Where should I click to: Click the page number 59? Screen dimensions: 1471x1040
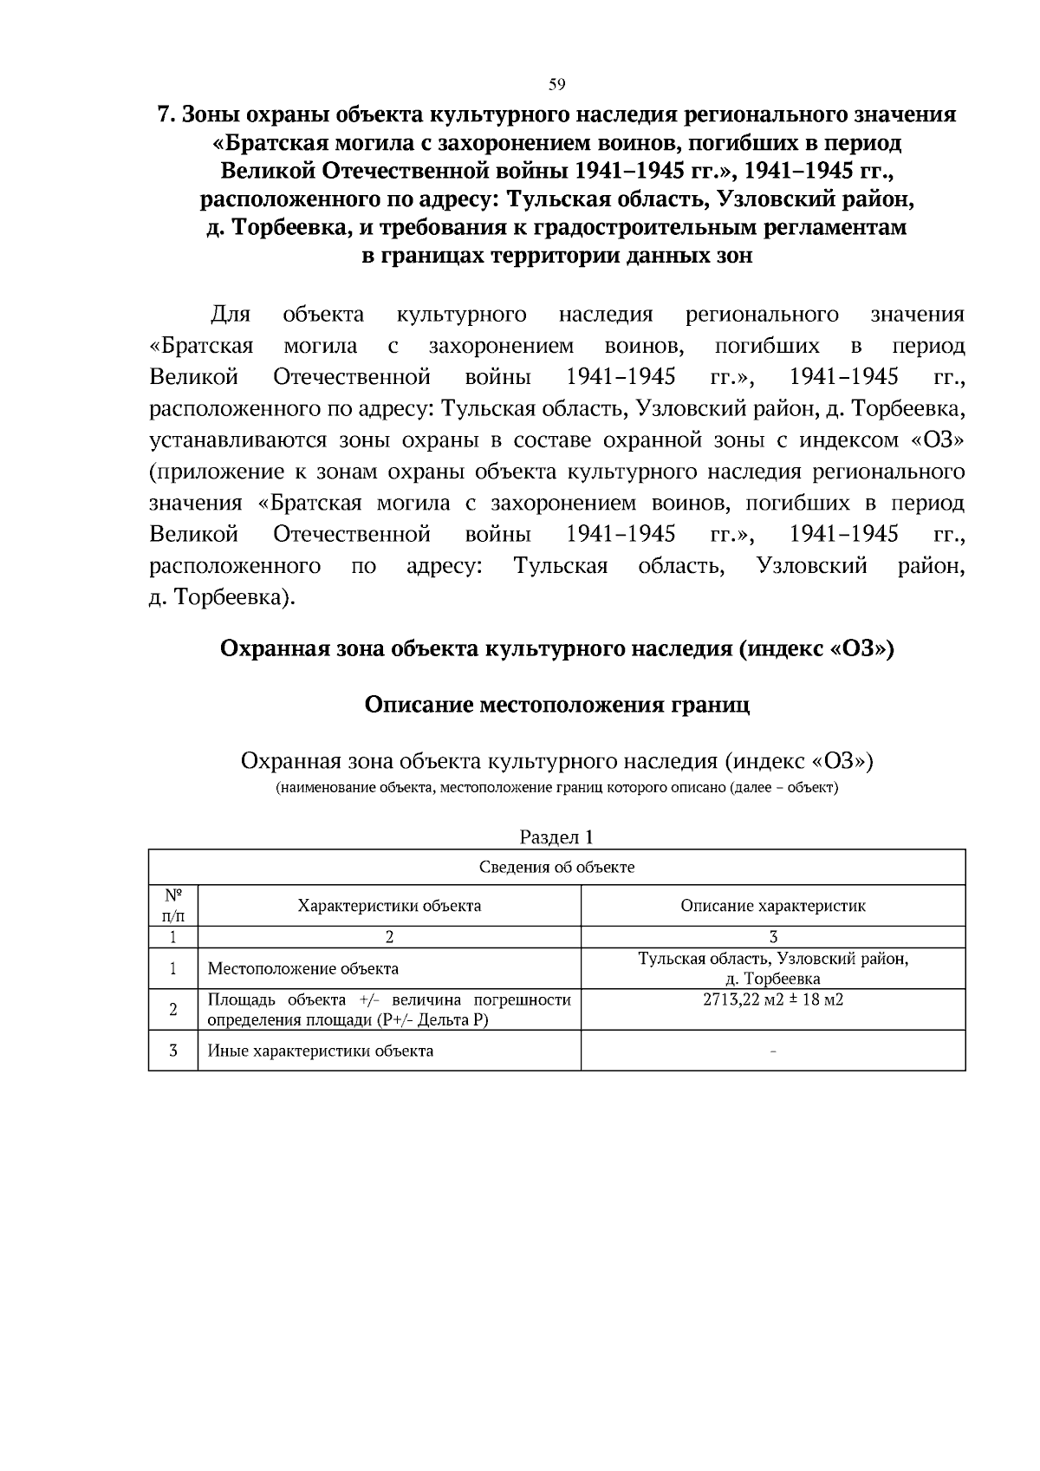(x=556, y=84)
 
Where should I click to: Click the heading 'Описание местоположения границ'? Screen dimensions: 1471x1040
(x=556, y=704)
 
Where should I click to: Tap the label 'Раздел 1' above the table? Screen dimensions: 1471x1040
(x=556, y=836)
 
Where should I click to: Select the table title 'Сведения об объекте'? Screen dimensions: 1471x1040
(x=556, y=868)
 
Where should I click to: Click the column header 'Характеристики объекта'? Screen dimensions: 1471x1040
(x=389, y=906)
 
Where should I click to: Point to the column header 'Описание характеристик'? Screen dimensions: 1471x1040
(x=772, y=906)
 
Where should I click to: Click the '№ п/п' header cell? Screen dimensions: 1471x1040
(x=172, y=906)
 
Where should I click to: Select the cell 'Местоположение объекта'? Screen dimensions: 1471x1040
(x=303, y=969)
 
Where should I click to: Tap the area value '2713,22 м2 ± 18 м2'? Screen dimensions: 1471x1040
(x=772, y=999)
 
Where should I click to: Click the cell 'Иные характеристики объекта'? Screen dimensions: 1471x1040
(x=321, y=1051)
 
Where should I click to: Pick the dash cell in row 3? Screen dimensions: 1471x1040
(x=772, y=1051)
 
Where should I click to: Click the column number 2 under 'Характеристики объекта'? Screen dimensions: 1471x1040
(x=389, y=937)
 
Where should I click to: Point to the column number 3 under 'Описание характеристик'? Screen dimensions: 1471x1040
(x=772, y=937)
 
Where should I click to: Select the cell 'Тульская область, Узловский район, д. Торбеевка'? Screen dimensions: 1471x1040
(x=772, y=969)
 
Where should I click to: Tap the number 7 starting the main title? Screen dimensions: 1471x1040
(x=160, y=115)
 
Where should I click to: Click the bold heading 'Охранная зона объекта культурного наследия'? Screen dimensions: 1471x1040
(x=556, y=648)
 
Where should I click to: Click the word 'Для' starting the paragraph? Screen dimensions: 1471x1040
(x=231, y=314)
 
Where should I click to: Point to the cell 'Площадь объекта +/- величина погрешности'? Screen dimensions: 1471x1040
(x=389, y=1010)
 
